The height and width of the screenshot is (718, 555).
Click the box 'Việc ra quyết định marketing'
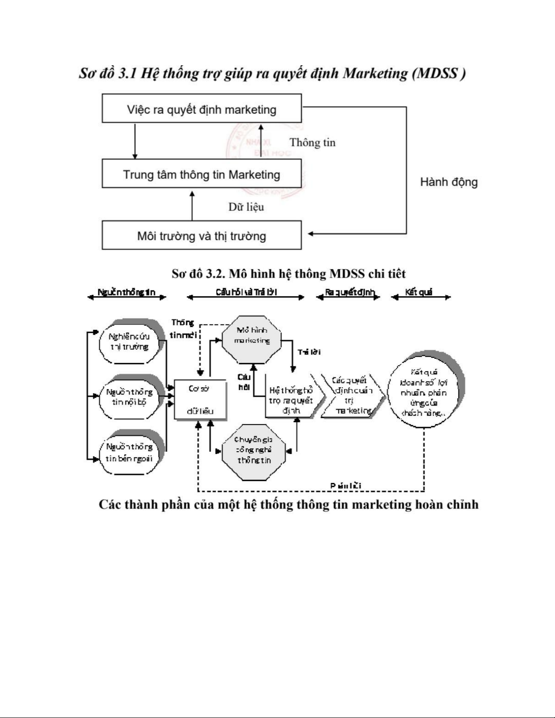coord(202,109)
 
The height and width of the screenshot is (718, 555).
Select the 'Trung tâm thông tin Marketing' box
coord(202,174)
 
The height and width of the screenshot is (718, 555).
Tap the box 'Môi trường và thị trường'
coord(202,236)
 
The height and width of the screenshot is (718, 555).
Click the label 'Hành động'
coord(449,182)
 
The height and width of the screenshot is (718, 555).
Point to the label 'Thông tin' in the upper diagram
coord(313,143)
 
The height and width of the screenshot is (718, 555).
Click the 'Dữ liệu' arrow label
coord(246,207)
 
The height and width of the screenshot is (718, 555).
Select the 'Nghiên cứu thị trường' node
coord(129,342)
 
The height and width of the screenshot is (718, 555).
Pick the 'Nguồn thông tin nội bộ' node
coord(129,397)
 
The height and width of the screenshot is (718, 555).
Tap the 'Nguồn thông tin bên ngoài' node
coord(129,453)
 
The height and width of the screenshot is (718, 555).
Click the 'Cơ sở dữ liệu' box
coord(200,400)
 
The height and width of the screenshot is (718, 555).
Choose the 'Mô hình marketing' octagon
coord(252,339)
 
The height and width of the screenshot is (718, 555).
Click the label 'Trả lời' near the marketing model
coord(309,352)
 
